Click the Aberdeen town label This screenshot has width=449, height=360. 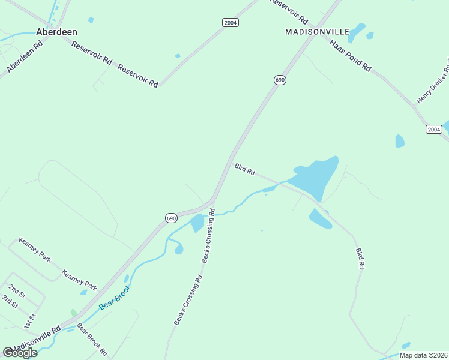(56, 32)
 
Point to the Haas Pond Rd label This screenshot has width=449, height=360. (350, 55)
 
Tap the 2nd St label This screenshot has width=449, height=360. (17, 292)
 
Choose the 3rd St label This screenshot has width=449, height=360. (11, 302)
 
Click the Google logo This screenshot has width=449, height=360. (20, 352)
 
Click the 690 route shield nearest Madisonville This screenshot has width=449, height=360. (280, 80)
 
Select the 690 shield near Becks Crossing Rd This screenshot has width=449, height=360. (172, 218)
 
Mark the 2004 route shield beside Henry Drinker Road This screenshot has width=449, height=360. (434, 130)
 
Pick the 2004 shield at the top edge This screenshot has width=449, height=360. (231, 22)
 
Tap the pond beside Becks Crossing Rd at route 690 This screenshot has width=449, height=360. (196, 224)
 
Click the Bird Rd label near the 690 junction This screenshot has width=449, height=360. (245, 169)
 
